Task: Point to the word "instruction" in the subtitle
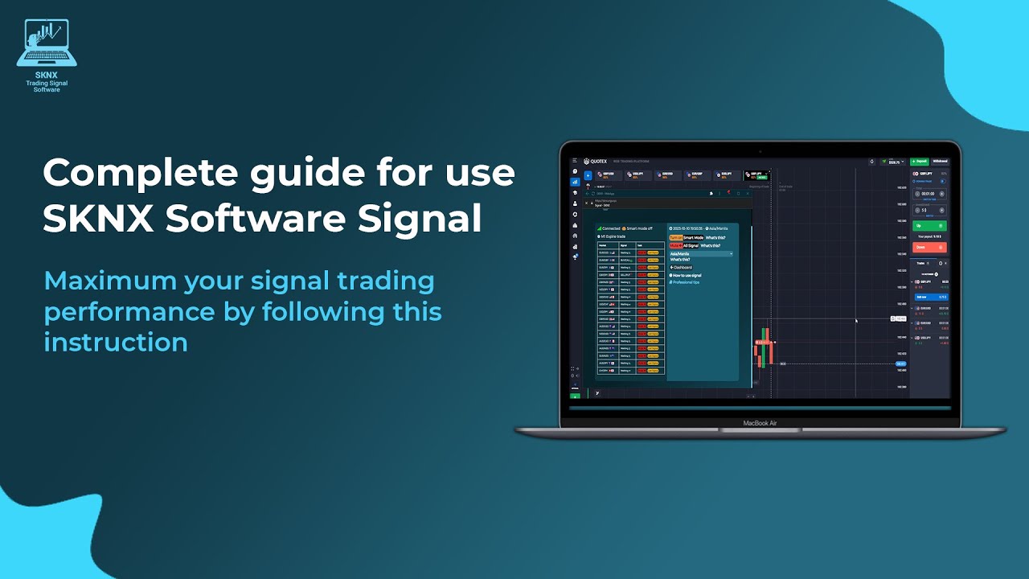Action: (x=116, y=342)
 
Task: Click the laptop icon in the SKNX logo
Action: (x=47, y=44)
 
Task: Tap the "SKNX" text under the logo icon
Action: (x=47, y=76)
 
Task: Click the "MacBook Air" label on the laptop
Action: (x=760, y=423)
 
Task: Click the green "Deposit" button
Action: (x=919, y=162)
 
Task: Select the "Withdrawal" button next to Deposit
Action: (x=940, y=162)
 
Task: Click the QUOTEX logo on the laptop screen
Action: (x=597, y=162)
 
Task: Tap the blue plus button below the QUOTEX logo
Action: (x=588, y=175)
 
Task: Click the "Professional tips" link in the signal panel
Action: (x=686, y=282)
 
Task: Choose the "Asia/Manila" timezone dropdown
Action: (x=701, y=253)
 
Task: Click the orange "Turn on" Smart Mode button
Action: (x=675, y=238)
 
